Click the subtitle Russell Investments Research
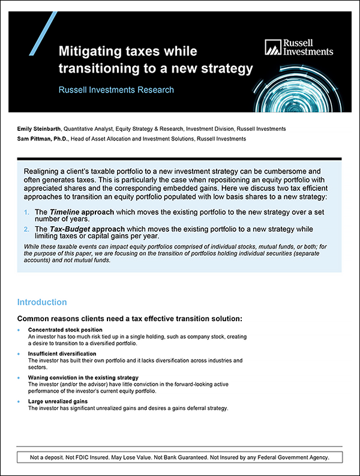116,90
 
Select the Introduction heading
42,303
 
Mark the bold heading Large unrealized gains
58,401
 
